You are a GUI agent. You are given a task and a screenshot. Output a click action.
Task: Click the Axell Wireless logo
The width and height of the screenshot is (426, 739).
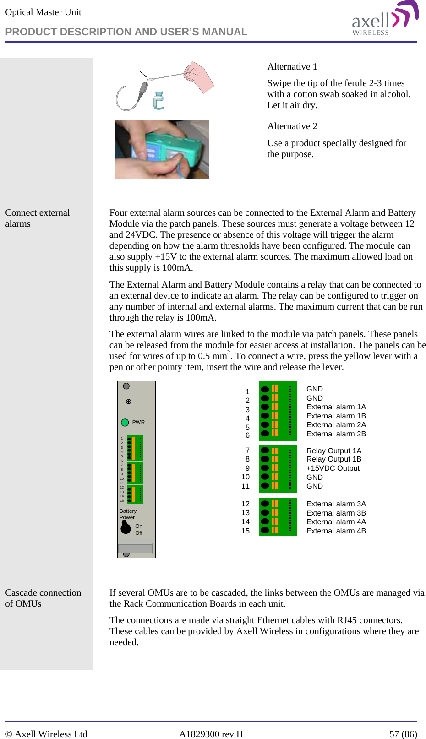[385, 19]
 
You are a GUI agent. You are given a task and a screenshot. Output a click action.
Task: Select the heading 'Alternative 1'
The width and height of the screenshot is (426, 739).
[292, 67]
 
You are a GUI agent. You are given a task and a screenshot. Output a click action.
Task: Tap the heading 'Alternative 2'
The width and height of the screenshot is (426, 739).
[292, 126]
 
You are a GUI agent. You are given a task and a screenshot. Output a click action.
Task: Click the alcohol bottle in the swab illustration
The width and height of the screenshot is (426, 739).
[158, 100]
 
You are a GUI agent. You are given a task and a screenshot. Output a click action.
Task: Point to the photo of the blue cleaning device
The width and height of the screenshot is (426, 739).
[162, 150]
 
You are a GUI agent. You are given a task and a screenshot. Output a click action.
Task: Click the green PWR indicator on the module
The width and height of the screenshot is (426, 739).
[125, 422]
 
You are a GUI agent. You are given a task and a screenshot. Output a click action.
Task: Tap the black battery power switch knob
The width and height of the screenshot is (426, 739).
[126, 528]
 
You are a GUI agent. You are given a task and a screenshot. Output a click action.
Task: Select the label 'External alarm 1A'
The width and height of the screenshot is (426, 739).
[336, 407]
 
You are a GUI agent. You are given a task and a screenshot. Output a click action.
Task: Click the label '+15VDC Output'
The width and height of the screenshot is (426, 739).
[333, 468]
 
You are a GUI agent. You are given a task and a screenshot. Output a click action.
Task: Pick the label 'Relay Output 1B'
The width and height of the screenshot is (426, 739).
[333, 459]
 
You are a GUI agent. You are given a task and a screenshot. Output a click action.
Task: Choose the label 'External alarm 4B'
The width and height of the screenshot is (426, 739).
[336, 531]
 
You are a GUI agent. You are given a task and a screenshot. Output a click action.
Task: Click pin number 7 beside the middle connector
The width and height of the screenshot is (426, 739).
[247, 451]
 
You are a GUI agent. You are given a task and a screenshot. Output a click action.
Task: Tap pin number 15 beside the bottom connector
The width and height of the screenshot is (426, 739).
[246, 531]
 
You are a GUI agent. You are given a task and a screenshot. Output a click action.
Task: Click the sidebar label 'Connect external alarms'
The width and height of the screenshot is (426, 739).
[37, 218]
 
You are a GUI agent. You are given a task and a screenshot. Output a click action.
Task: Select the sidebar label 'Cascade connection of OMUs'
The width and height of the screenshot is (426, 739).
[43, 598]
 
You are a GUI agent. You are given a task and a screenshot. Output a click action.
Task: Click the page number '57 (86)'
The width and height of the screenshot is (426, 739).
[403, 734]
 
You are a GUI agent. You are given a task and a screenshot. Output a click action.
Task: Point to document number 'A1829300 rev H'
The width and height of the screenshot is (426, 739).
[211, 734]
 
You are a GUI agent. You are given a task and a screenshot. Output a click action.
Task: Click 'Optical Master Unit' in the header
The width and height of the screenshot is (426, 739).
[43, 12]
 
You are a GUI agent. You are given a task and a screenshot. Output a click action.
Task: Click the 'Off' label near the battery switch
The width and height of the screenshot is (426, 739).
[138, 533]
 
